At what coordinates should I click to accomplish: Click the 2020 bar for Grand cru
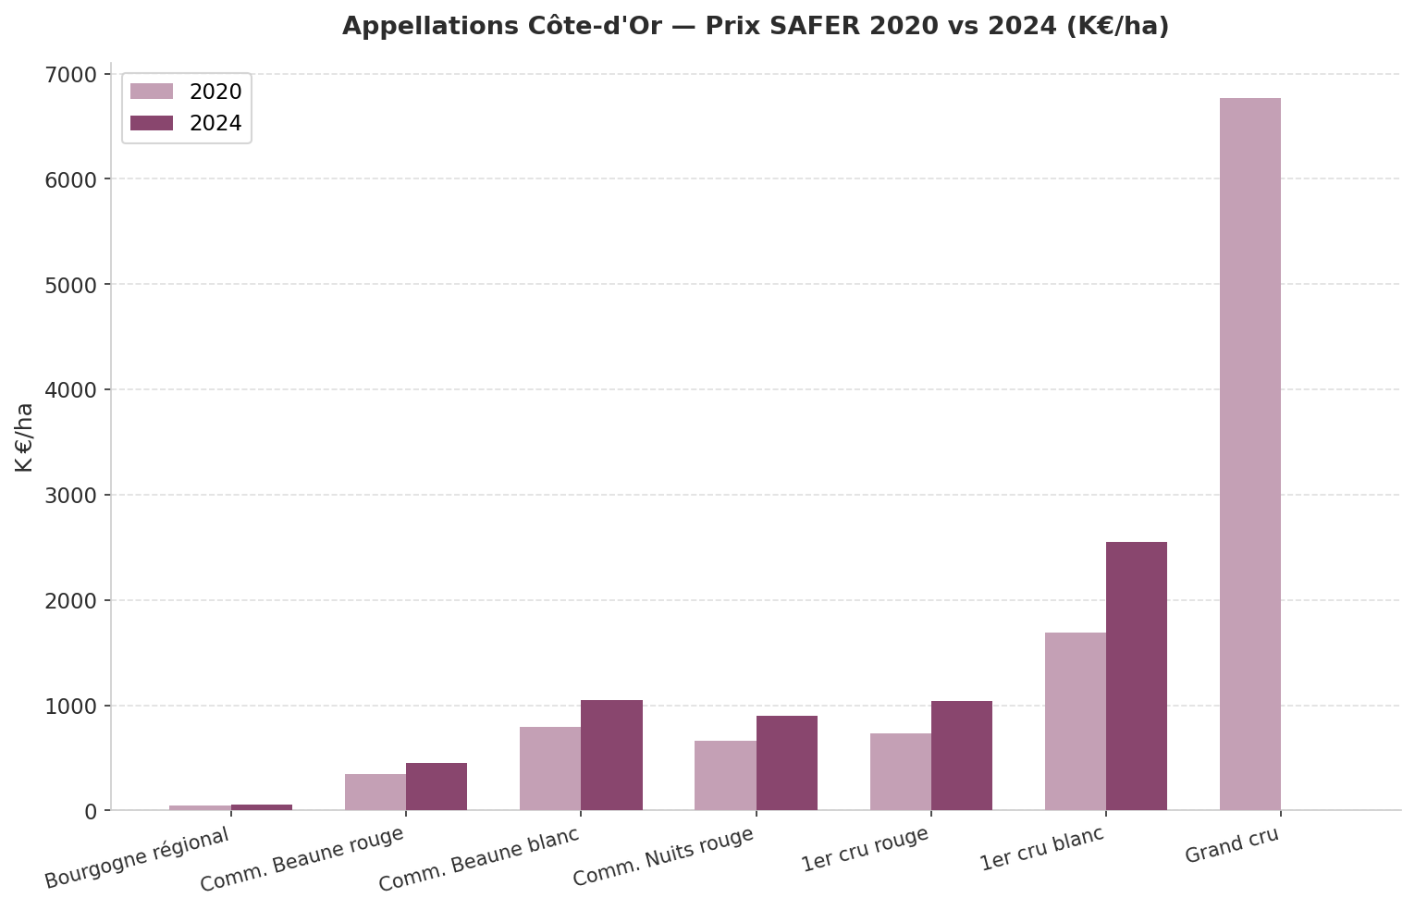click(x=1249, y=454)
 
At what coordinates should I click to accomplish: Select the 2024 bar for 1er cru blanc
click(x=1136, y=676)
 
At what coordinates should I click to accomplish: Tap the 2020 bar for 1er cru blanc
click(x=1075, y=721)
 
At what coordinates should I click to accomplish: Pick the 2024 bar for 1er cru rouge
click(x=961, y=756)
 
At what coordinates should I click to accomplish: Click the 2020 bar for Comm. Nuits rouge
click(x=725, y=775)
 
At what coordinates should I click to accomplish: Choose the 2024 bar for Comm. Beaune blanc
click(x=611, y=755)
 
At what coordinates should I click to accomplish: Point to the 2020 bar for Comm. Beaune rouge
click(x=375, y=792)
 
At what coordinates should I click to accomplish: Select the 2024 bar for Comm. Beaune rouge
click(x=437, y=786)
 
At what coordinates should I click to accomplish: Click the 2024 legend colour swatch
click(x=151, y=123)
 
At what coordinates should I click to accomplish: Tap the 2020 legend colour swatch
click(x=151, y=92)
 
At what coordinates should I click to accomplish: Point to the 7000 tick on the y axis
click(x=71, y=74)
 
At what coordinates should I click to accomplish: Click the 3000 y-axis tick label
click(x=71, y=495)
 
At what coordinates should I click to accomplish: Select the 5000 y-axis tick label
click(x=71, y=285)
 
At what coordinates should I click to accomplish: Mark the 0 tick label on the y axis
click(x=90, y=811)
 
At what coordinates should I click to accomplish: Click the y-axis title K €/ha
click(x=25, y=437)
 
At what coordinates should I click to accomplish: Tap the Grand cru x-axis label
click(x=1232, y=845)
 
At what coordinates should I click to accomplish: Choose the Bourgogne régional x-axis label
click(x=137, y=857)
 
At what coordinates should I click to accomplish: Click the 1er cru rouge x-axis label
click(x=865, y=849)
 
